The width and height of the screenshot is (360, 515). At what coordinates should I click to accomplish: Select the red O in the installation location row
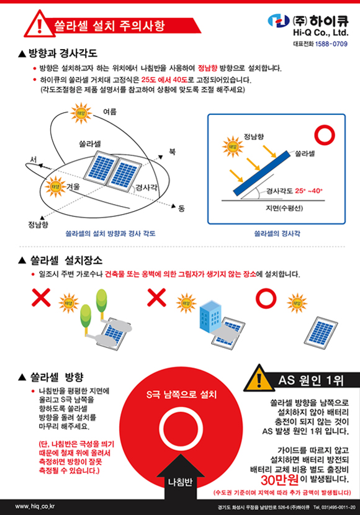click(265, 298)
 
